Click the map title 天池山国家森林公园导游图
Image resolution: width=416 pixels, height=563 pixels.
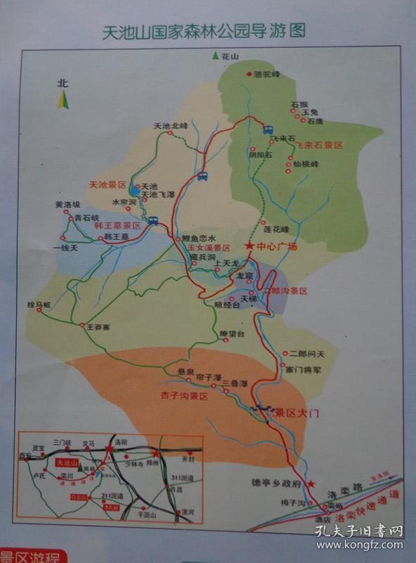pos(204,32)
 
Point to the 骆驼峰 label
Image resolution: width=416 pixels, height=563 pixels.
pos(267,74)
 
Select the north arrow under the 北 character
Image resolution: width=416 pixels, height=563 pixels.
pos(63,101)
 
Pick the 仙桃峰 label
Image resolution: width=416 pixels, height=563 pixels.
pos(306,164)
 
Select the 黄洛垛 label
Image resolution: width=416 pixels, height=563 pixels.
pos(68,205)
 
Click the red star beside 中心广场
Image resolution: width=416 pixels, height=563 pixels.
pos(249,246)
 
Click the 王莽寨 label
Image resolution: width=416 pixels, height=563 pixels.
pos(98,327)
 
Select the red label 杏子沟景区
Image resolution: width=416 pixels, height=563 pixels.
pos(185,396)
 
